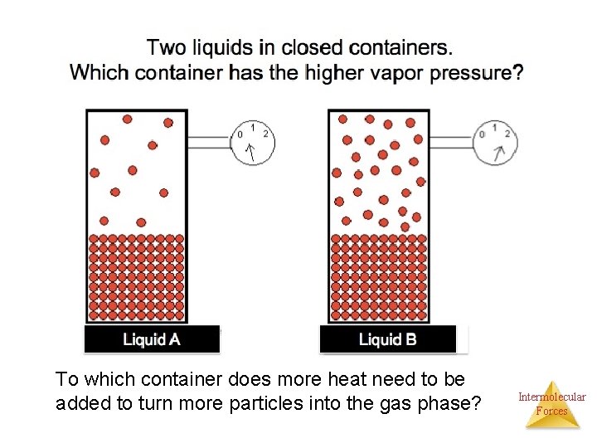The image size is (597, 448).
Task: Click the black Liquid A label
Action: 152,339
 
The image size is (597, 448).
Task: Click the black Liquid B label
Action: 387,339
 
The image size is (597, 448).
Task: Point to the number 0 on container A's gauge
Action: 240,134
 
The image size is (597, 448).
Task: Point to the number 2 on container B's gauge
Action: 507,133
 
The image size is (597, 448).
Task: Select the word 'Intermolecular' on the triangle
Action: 552,397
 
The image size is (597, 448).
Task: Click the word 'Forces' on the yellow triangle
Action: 552,411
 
